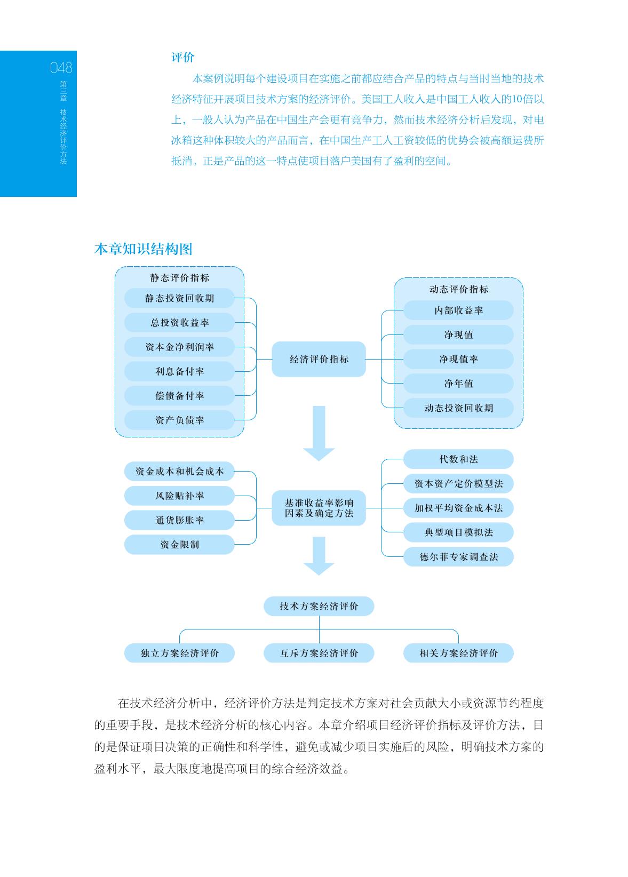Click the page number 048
click(x=61, y=68)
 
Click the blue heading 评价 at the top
click(x=183, y=57)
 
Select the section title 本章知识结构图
click(x=144, y=249)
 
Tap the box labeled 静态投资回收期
click(x=179, y=298)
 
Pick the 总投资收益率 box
click(x=179, y=323)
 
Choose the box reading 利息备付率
click(x=179, y=371)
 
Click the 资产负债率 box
click(x=179, y=420)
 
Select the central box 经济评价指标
click(x=319, y=359)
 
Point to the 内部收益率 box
click(x=458, y=310)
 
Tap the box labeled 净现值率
click(x=458, y=359)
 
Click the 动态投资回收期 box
click(x=458, y=408)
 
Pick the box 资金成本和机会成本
click(x=179, y=472)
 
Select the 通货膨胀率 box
click(x=179, y=520)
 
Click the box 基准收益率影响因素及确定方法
click(x=319, y=508)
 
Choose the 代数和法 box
click(x=458, y=459)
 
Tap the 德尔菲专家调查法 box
click(x=458, y=557)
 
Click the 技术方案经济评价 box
click(x=319, y=606)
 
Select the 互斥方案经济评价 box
click(x=319, y=653)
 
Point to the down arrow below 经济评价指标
click(x=319, y=433)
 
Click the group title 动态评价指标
click(x=458, y=289)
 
